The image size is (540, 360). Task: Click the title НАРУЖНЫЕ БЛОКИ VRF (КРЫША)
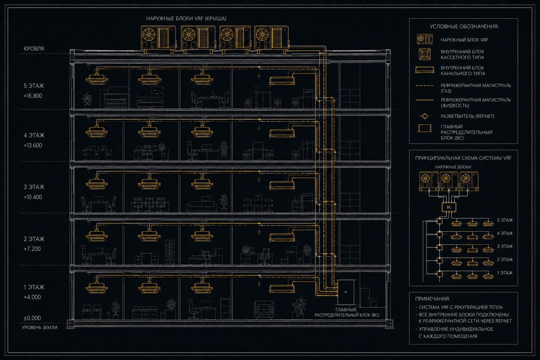click(186, 19)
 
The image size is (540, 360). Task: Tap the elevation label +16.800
click(33, 96)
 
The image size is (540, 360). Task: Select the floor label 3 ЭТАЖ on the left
click(34, 187)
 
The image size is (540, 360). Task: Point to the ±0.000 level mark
click(32, 318)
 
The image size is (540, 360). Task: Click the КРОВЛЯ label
click(34, 49)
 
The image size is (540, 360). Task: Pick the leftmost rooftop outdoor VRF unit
click(159, 39)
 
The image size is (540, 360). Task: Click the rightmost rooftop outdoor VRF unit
click(271, 39)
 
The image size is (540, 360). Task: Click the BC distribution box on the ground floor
click(346, 292)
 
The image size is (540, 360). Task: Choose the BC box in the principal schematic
click(449, 207)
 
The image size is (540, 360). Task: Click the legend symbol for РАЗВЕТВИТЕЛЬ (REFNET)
click(425, 116)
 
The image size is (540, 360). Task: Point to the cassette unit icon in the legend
click(425, 54)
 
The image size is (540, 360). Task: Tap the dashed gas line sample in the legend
click(425, 85)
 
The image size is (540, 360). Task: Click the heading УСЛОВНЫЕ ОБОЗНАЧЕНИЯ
click(464, 26)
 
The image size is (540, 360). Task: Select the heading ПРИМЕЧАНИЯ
click(432, 299)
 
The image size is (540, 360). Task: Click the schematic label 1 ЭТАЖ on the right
click(505, 273)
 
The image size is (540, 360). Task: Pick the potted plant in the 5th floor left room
click(87, 99)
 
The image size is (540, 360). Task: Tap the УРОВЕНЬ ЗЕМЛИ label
click(40, 328)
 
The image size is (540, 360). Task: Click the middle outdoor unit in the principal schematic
click(449, 181)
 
